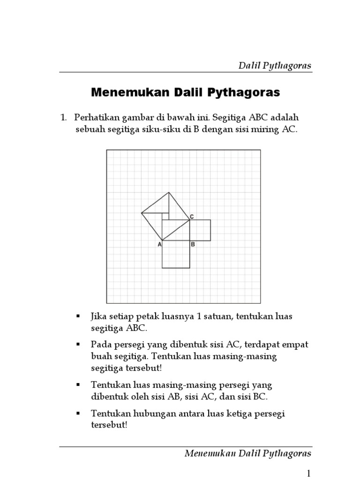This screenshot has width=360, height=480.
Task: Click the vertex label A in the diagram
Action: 159,244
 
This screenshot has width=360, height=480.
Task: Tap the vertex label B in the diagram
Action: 193,244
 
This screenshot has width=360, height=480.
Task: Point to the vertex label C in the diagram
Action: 192,217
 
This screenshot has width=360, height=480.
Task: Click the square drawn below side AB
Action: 176,255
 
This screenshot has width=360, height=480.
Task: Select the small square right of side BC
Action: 200,230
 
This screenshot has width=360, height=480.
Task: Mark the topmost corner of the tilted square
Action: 169,192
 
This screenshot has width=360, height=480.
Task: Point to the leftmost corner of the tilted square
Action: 142,213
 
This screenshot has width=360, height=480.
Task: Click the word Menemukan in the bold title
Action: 121,93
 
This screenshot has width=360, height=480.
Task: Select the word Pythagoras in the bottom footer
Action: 289,453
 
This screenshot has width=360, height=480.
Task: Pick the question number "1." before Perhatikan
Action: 64,117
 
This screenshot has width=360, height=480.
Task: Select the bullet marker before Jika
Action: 78,317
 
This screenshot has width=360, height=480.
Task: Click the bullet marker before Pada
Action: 78,345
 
